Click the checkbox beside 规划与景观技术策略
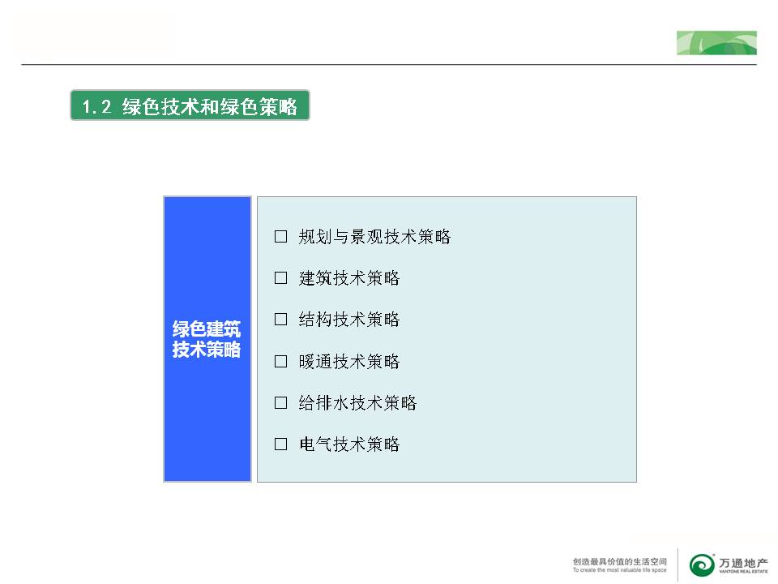tap(281, 236)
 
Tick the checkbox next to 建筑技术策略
tap(281, 277)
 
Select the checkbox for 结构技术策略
tap(281, 319)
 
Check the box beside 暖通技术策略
tap(281, 361)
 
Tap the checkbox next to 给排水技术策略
tap(281, 402)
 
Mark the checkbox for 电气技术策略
tap(281, 444)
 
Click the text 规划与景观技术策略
tap(374, 237)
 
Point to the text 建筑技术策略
tap(349, 278)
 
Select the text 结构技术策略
tap(349, 320)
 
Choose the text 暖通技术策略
tap(349, 362)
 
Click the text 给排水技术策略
tap(357, 403)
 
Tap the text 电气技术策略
tap(349, 444)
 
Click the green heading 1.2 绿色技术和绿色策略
tap(190, 105)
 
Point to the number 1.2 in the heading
tap(96, 106)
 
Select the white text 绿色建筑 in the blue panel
tap(207, 328)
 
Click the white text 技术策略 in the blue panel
tap(207, 349)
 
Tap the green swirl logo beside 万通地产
tap(702, 565)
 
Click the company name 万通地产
tap(743, 563)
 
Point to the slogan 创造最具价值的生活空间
tap(620, 561)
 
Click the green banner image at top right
tap(716, 43)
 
